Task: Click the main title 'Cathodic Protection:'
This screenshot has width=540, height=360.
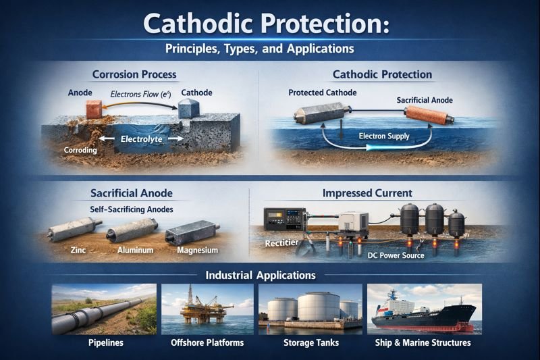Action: pyautogui.click(x=269, y=25)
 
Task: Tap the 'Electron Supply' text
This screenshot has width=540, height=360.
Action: pyautogui.click(x=383, y=136)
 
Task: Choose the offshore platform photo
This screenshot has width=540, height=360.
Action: pyautogui.click(x=207, y=309)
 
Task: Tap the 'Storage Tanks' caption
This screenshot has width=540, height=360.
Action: pyautogui.click(x=310, y=342)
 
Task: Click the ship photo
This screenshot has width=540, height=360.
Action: pyautogui.click(x=424, y=309)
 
